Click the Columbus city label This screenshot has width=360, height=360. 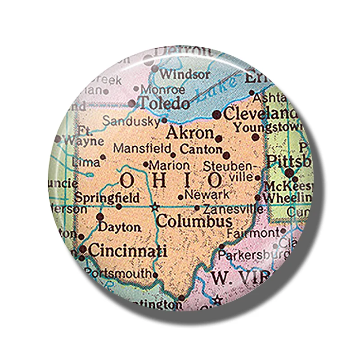tap(194, 221)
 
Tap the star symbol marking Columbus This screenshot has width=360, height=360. tap(155, 207)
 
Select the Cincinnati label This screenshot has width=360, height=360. tap(127, 250)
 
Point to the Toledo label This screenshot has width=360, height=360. tap(164, 103)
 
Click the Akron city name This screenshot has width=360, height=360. tap(189, 133)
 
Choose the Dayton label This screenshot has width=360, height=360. tap(119, 227)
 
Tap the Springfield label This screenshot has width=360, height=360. tap(107, 198)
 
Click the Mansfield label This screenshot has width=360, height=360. tap(142, 148)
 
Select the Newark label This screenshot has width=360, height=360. tap(207, 195)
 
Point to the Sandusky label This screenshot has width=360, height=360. tap(131, 121)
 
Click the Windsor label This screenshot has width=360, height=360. tap(184, 73)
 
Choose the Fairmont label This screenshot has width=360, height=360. tap(253, 233)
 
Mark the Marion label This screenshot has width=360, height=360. tap(169, 165)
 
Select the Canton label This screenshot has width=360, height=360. tap(201, 148)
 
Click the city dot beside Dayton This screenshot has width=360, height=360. tap(100, 216)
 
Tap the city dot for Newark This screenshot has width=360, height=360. tap(180, 197)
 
